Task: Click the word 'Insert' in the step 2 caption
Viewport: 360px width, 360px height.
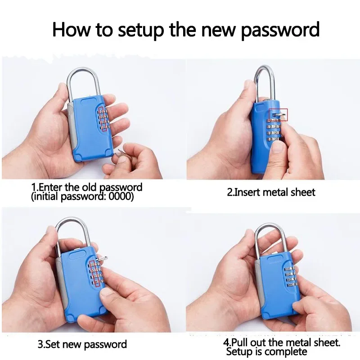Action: click(x=246, y=192)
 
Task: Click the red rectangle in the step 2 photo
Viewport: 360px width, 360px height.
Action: click(x=279, y=115)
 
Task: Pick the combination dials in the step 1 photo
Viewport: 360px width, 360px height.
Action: click(x=104, y=119)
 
